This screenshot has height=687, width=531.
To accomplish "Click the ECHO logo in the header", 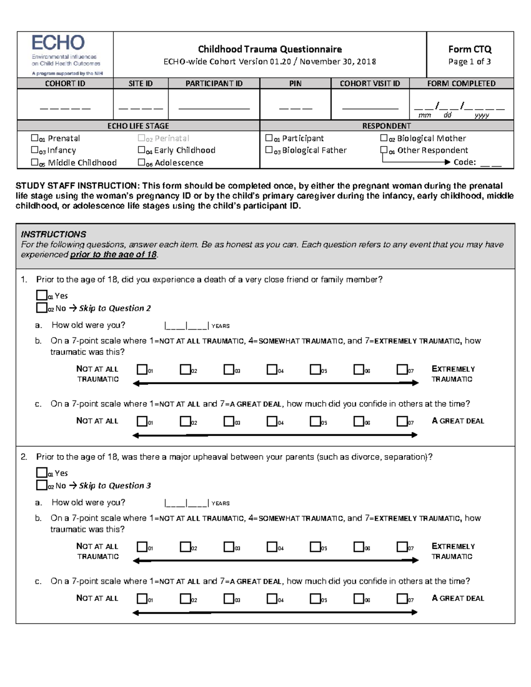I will coord(58,43).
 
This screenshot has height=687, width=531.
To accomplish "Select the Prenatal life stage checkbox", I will coord(35,138).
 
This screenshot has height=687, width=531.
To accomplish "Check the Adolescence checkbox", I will coord(141,162).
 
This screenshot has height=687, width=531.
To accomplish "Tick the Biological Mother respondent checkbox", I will coord(384,138).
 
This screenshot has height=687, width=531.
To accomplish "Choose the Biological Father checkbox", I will coord(269,150).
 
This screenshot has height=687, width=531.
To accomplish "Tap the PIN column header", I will coord(295,83).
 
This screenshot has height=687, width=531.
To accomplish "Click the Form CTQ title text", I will coord(469,49).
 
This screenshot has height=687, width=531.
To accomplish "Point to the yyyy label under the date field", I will coord(481,115).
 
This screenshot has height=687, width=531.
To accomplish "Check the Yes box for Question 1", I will coord(42,295).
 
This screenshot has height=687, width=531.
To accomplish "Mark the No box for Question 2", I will coord(42,485).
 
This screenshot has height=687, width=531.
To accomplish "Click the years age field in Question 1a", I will coord(186,326).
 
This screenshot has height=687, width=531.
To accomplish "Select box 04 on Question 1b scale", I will coord(272,369).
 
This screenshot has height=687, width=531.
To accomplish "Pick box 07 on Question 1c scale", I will coord(402,421).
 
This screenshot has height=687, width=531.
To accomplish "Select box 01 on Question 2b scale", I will coord(142,547).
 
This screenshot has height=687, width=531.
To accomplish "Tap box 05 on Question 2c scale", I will coord(315,599).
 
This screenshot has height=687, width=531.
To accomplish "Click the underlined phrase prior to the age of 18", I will coord(113,255).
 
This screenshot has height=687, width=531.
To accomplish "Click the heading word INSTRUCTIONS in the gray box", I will coord(54,234).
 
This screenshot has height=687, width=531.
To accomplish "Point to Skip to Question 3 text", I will coord(115,485).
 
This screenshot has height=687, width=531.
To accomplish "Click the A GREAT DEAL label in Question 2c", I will coord(458,598).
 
